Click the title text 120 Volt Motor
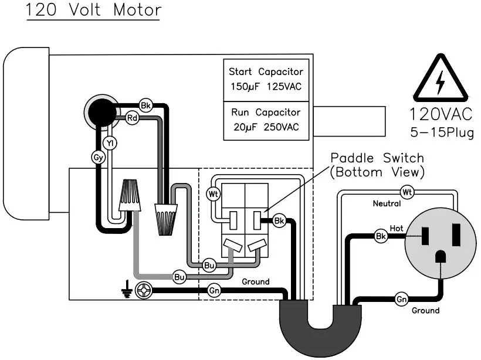(x=93, y=11)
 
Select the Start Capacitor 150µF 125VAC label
(x=266, y=79)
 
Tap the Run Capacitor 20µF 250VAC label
(x=266, y=120)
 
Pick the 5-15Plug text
(x=441, y=132)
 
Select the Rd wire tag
(x=133, y=118)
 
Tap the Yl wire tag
(x=109, y=142)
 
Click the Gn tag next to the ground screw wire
(x=214, y=290)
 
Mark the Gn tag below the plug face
(x=401, y=299)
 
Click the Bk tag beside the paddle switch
(x=279, y=221)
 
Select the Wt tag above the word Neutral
(x=407, y=192)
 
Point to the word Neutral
(x=387, y=204)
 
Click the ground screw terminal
(x=143, y=290)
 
